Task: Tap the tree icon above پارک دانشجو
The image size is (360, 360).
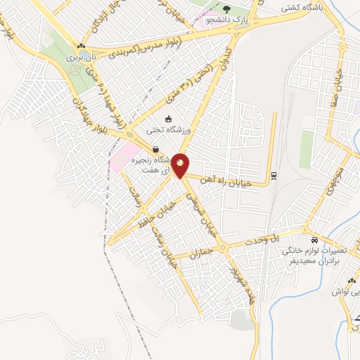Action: [226, 9]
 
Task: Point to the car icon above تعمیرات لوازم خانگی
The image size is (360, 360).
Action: [314, 240]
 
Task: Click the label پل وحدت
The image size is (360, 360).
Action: [262, 240]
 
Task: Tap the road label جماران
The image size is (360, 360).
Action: [200, 251]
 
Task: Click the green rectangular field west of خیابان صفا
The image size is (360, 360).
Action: [306, 148]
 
